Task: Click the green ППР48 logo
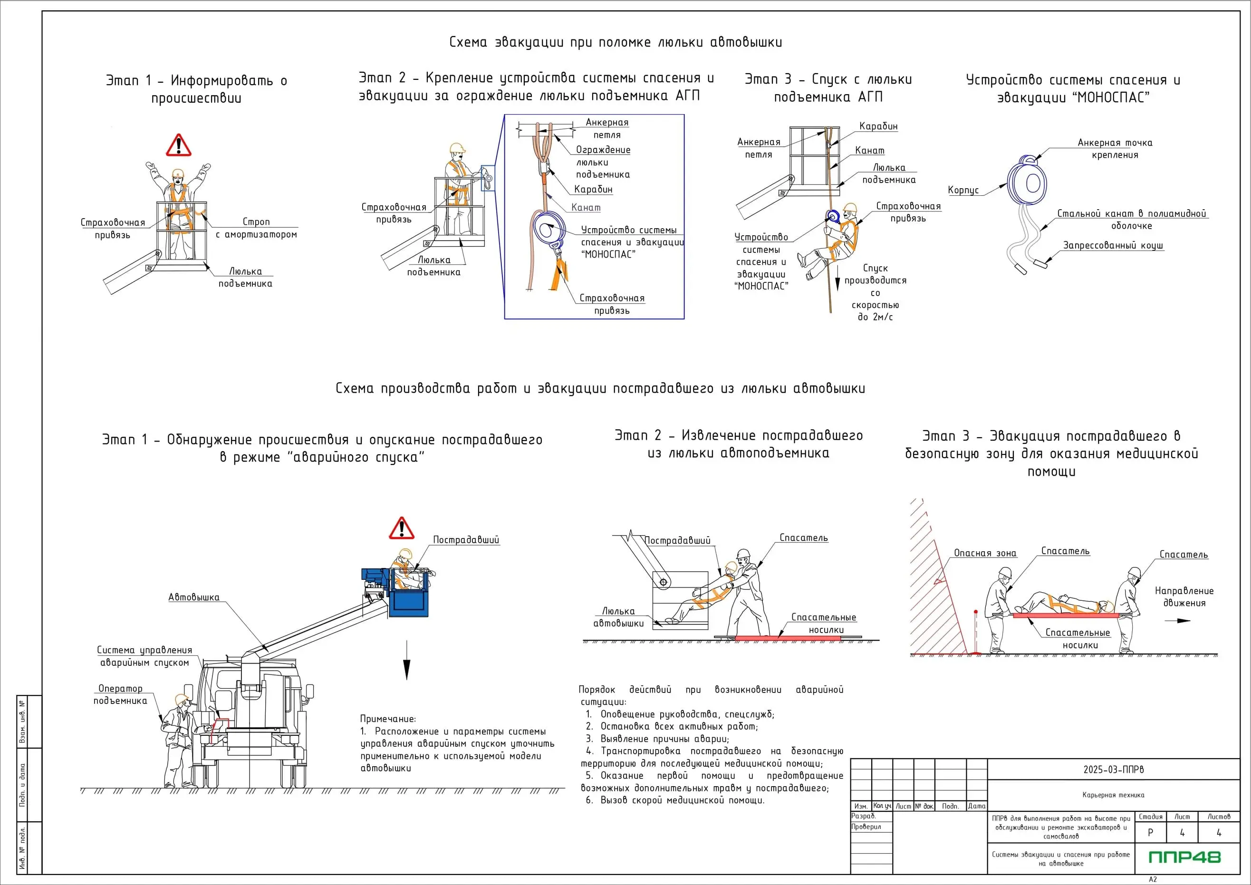tap(1184, 857)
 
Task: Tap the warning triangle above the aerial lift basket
tap(401, 529)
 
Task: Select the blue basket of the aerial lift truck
tap(409, 600)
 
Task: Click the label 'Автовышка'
tap(193, 597)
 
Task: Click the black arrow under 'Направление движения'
tap(1177, 620)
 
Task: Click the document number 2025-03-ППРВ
tap(1113, 770)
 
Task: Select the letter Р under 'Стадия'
tap(1150, 833)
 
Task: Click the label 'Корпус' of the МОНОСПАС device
tap(963, 190)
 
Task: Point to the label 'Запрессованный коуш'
tap(1113, 245)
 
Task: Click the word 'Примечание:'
tap(388, 719)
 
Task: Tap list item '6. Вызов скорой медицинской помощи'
tap(675, 800)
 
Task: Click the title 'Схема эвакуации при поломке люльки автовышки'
tap(615, 42)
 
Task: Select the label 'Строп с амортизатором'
tap(256, 228)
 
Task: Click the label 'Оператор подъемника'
tap(120, 695)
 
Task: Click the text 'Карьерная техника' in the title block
tap(1113, 795)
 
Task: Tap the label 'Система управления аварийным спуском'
tap(144, 656)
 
